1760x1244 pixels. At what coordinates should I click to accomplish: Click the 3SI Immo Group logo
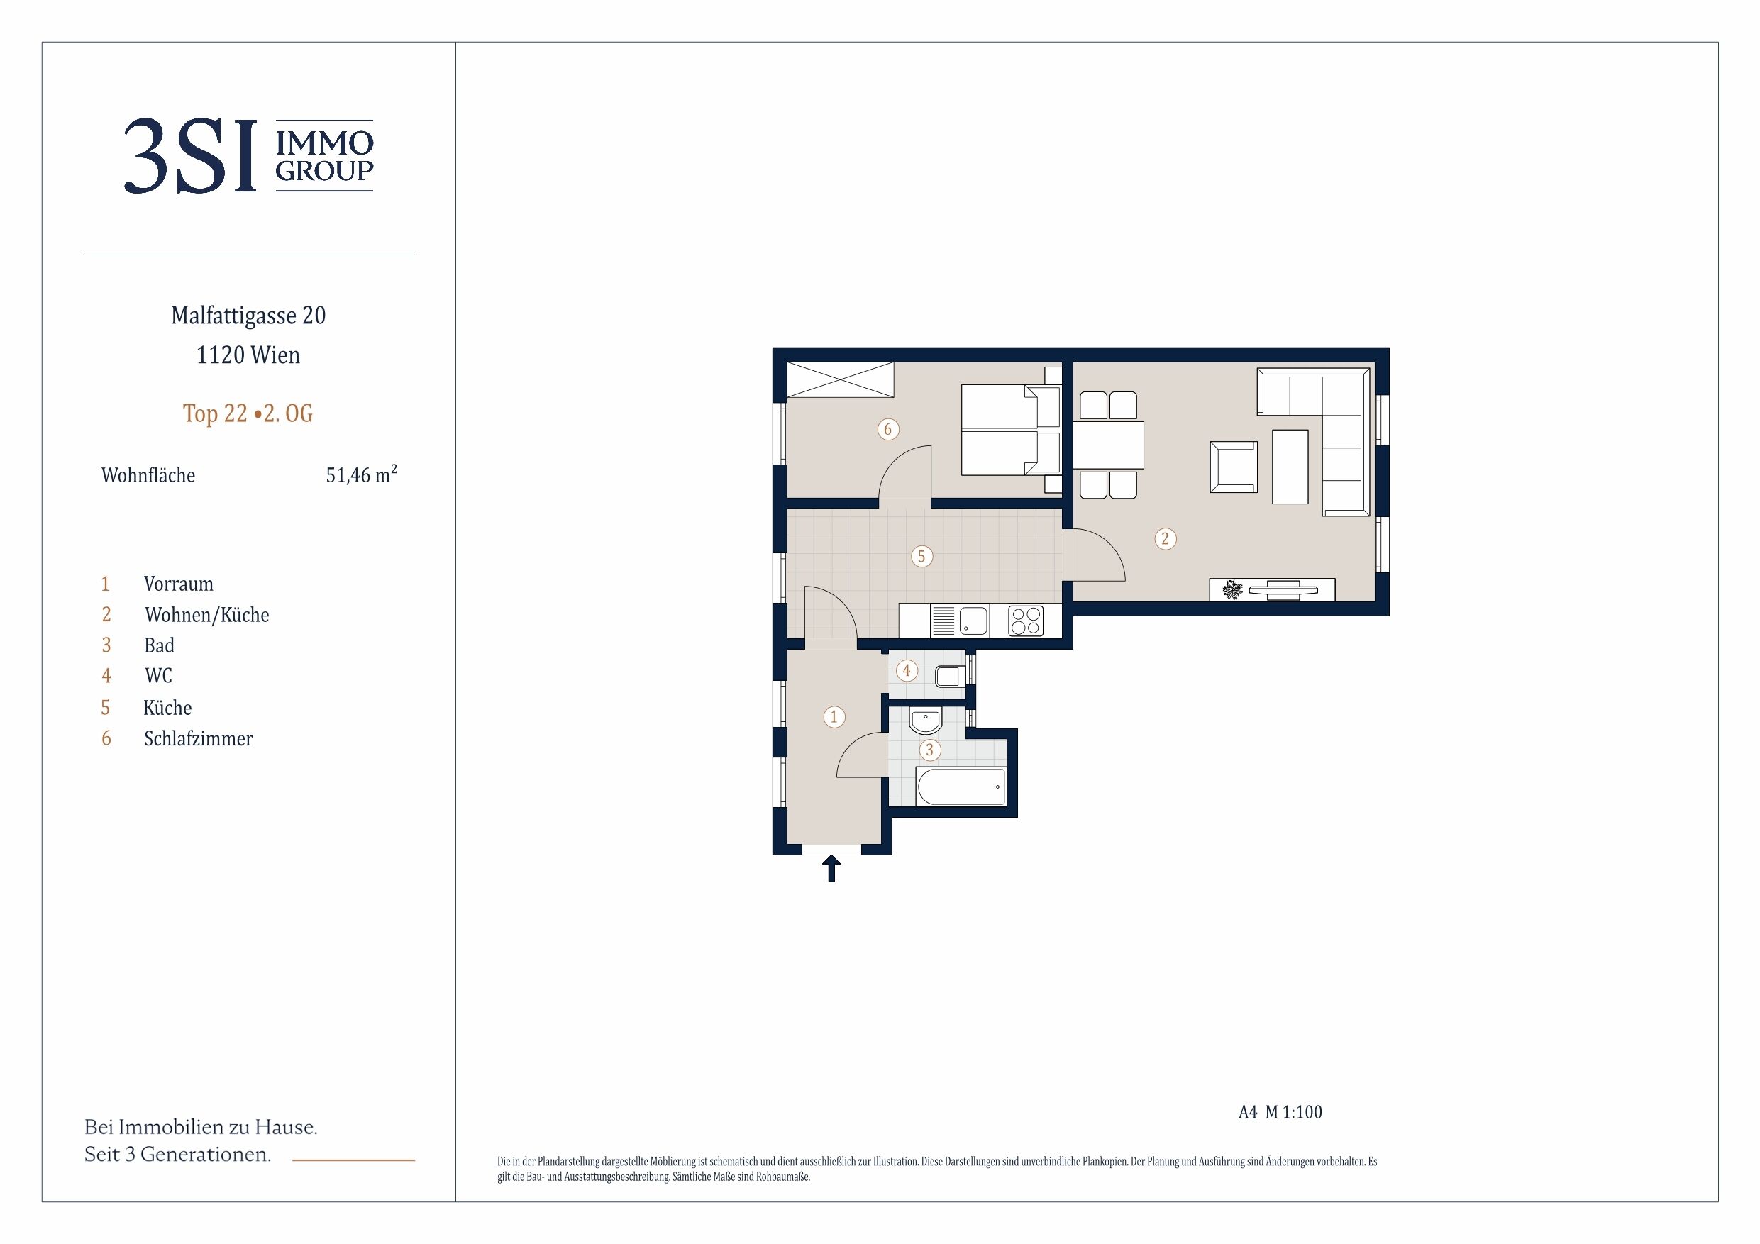[x=248, y=155]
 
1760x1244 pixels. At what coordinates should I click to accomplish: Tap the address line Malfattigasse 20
[x=248, y=316]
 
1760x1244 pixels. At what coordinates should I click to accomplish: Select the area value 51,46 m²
[x=361, y=474]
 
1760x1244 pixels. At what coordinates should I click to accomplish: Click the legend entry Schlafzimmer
[x=198, y=738]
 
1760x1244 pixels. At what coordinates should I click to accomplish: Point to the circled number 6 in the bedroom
[x=887, y=429]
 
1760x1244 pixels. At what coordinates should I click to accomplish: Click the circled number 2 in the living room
[x=1165, y=539]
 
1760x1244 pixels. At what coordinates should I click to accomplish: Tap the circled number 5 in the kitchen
[x=921, y=557]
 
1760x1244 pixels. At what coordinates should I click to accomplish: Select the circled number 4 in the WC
[x=907, y=672]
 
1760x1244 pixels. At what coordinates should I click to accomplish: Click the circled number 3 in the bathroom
[x=930, y=750]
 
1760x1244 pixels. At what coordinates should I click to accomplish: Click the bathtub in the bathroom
[x=961, y=787]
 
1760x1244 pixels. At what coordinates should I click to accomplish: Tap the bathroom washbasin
[x=925, y=721]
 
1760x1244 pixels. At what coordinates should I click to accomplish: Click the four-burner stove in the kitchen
[x=1026, y=621]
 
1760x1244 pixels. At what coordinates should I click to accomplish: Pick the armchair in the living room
[x=1234, y=467]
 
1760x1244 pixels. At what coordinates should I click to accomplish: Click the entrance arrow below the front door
[x=831, y=870]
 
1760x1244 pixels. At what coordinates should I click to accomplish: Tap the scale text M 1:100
[x=1293, y=1112]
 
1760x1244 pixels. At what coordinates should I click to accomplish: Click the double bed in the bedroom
[x=1011, y=430]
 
